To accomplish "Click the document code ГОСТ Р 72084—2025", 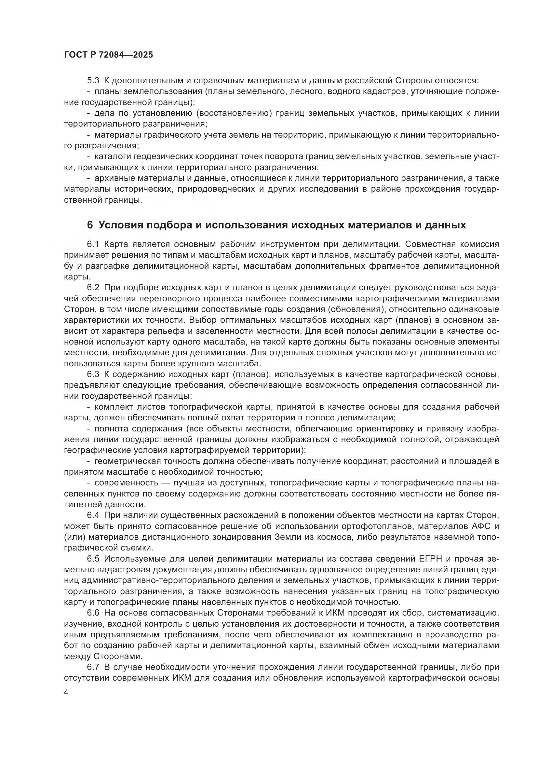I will (x=108, y=55).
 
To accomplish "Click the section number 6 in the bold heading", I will (x=90, y=225).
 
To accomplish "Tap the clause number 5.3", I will (x=93, y=81).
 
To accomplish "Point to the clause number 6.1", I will (x=93, y=244).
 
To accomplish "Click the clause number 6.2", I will (x=93, y=288).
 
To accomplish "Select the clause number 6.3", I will (x=93, y=374).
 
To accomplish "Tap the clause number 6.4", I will (x=93, y=515).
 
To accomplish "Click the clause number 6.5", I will (x=93, y=559).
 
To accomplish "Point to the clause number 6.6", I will (x=93, y=613).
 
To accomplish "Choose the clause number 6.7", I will (x=93, y=667).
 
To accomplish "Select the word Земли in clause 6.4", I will (x=288, y=537).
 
